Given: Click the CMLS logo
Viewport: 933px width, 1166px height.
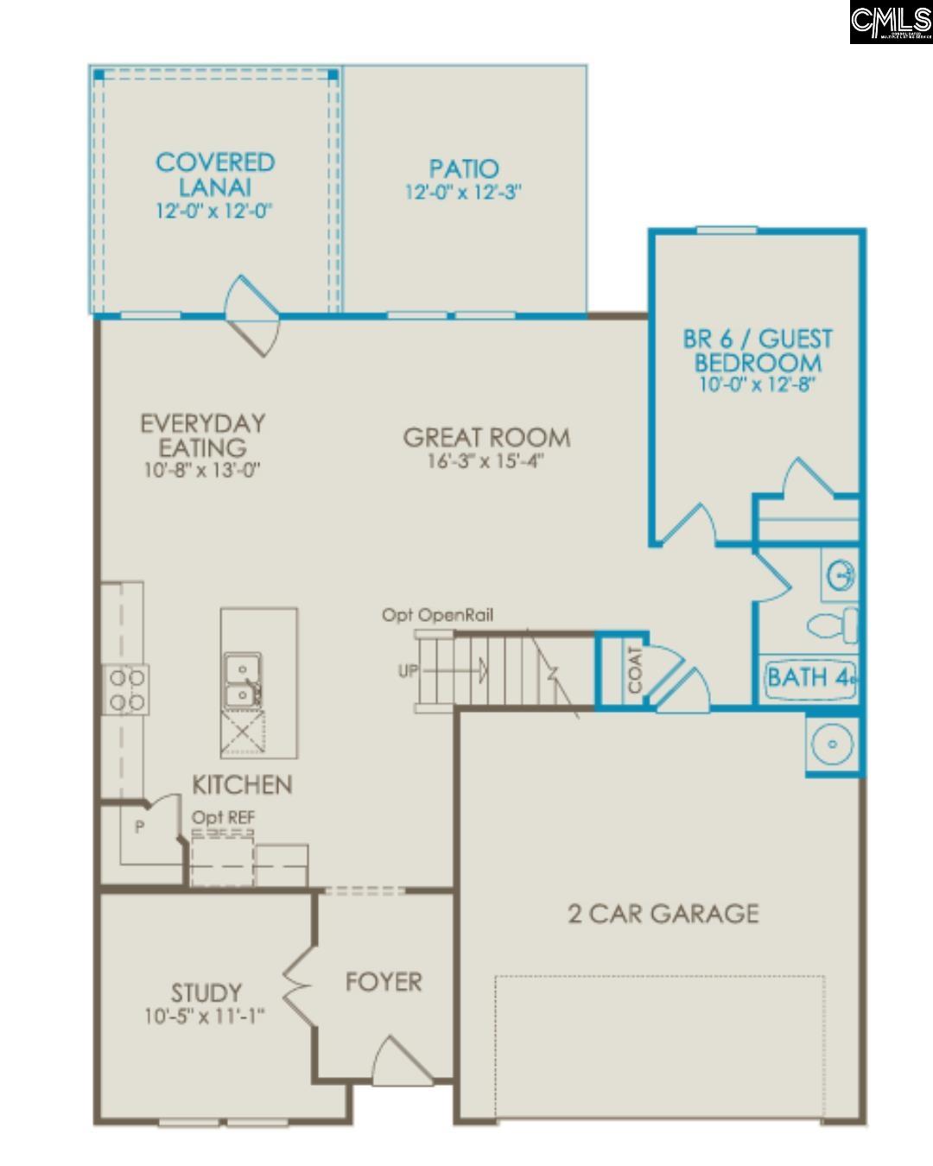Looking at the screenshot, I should click(x=890, y=22).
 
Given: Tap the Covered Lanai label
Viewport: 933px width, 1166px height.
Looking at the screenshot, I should click(x=215, y=174).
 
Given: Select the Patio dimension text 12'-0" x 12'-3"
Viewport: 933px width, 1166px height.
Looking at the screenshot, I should click(x=464, y=192).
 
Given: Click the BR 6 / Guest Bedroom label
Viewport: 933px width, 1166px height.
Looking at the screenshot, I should click(x=758, y=350).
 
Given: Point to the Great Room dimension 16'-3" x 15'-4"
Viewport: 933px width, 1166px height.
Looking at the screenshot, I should click(x=486, y=461).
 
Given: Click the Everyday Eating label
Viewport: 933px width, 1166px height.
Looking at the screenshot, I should click(x=203, y=435).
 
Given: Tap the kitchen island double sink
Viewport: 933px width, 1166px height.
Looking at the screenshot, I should click(x=243, y=681).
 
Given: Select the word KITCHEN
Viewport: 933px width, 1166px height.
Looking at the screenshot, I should click(x=242, y=784).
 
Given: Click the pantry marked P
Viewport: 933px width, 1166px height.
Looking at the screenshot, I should click(x=139, y=827).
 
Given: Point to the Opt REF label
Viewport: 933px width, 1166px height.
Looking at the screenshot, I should click(x=223, y=817).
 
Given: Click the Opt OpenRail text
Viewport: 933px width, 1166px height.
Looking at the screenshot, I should click(x=438, y=615).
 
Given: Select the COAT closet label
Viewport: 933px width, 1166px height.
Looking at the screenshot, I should click(x=635, y=670).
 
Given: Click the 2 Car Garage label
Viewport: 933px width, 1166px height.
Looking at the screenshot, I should click(x=663, y=914).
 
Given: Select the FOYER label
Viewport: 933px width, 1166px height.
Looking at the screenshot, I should click(x=384, y=982).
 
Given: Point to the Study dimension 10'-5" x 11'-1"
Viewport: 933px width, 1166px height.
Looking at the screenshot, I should click(x=205, y=1017).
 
